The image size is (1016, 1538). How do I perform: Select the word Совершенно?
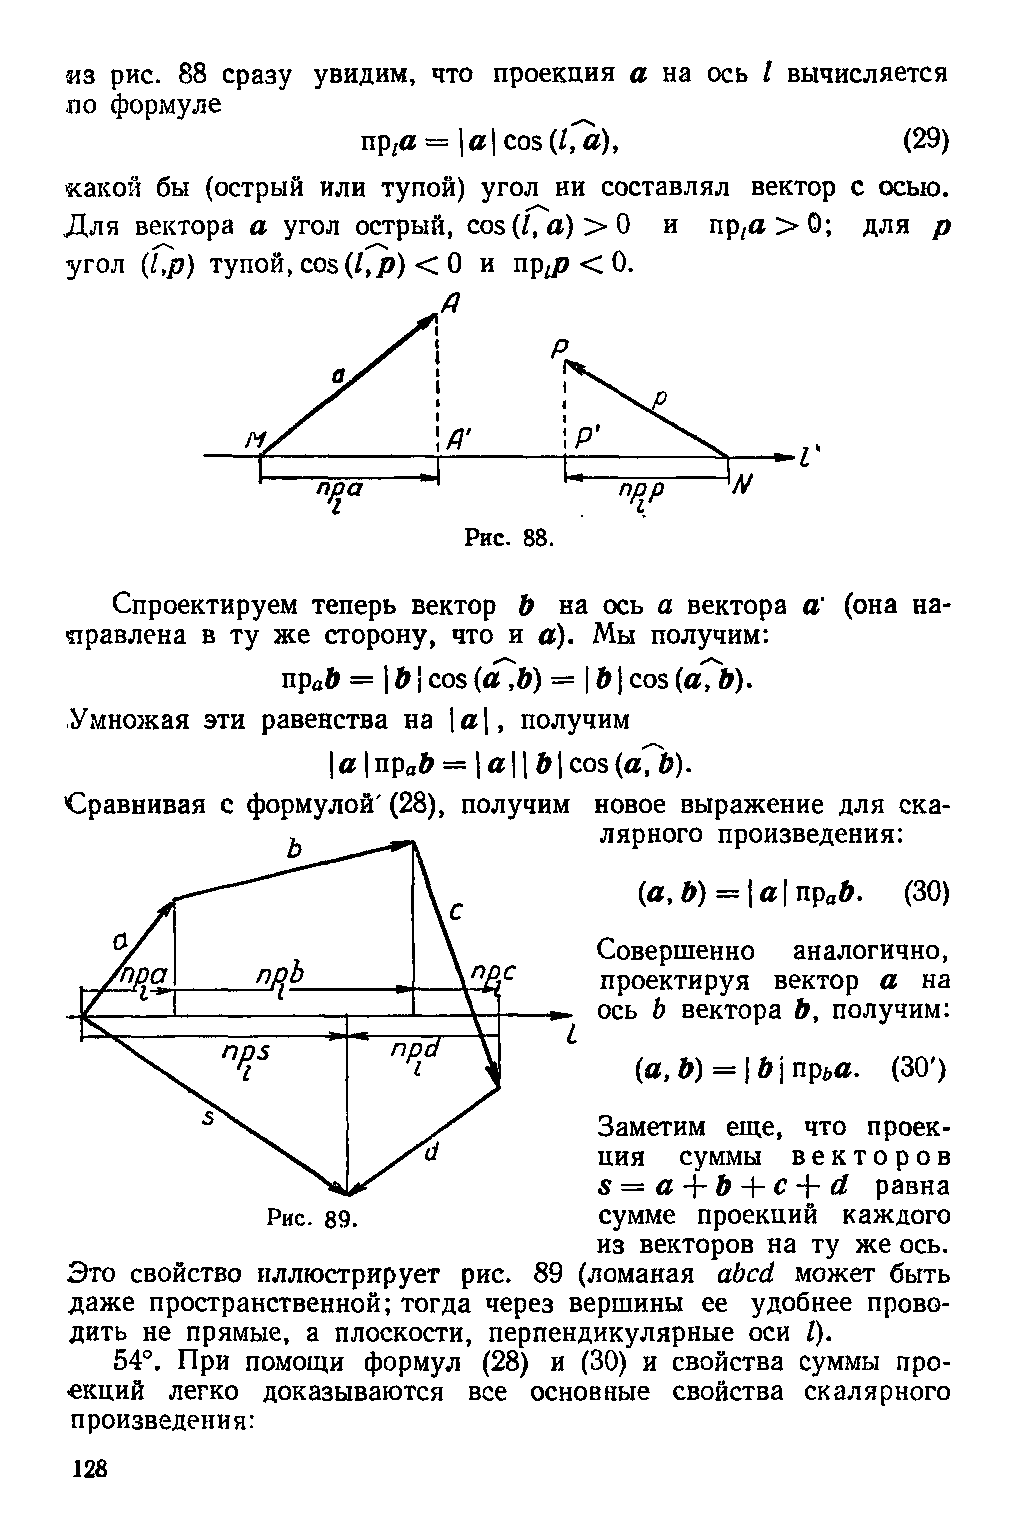(x=675, y=951)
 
